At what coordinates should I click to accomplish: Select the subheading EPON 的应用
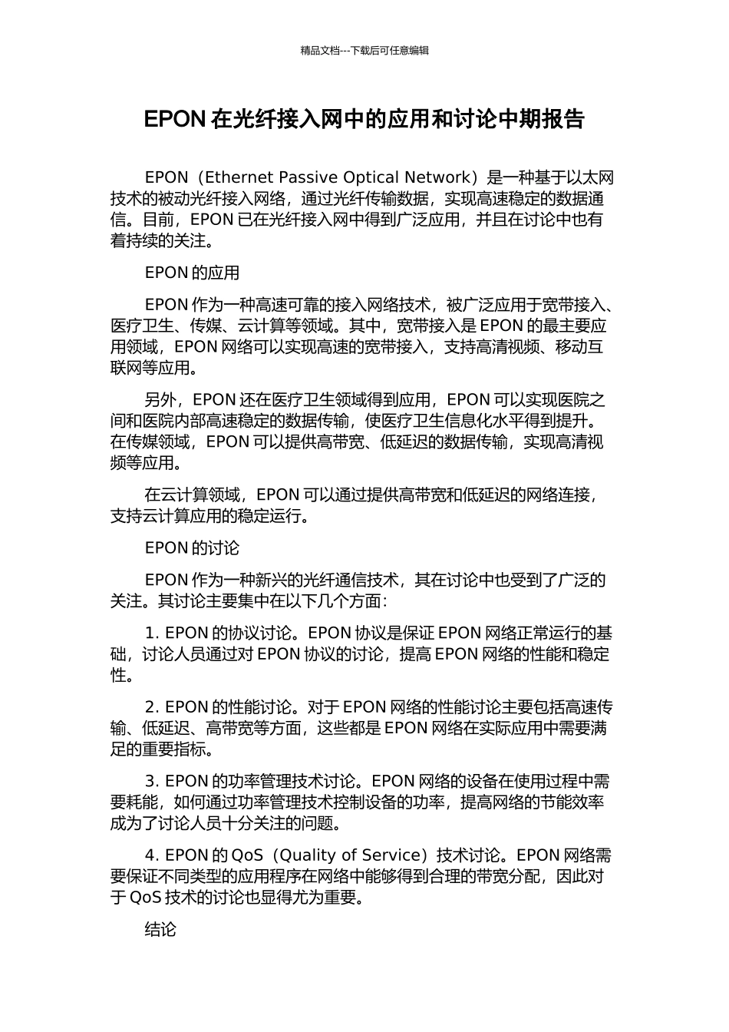tap(192, 273)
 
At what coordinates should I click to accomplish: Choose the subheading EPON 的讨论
tap(192, 547)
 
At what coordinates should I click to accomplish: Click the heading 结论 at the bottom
tap(160, 929)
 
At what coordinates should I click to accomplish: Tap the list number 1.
tap(150, 633)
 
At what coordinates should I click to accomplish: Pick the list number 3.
tap(151, 781)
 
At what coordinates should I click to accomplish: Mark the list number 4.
tap(151, 855)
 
